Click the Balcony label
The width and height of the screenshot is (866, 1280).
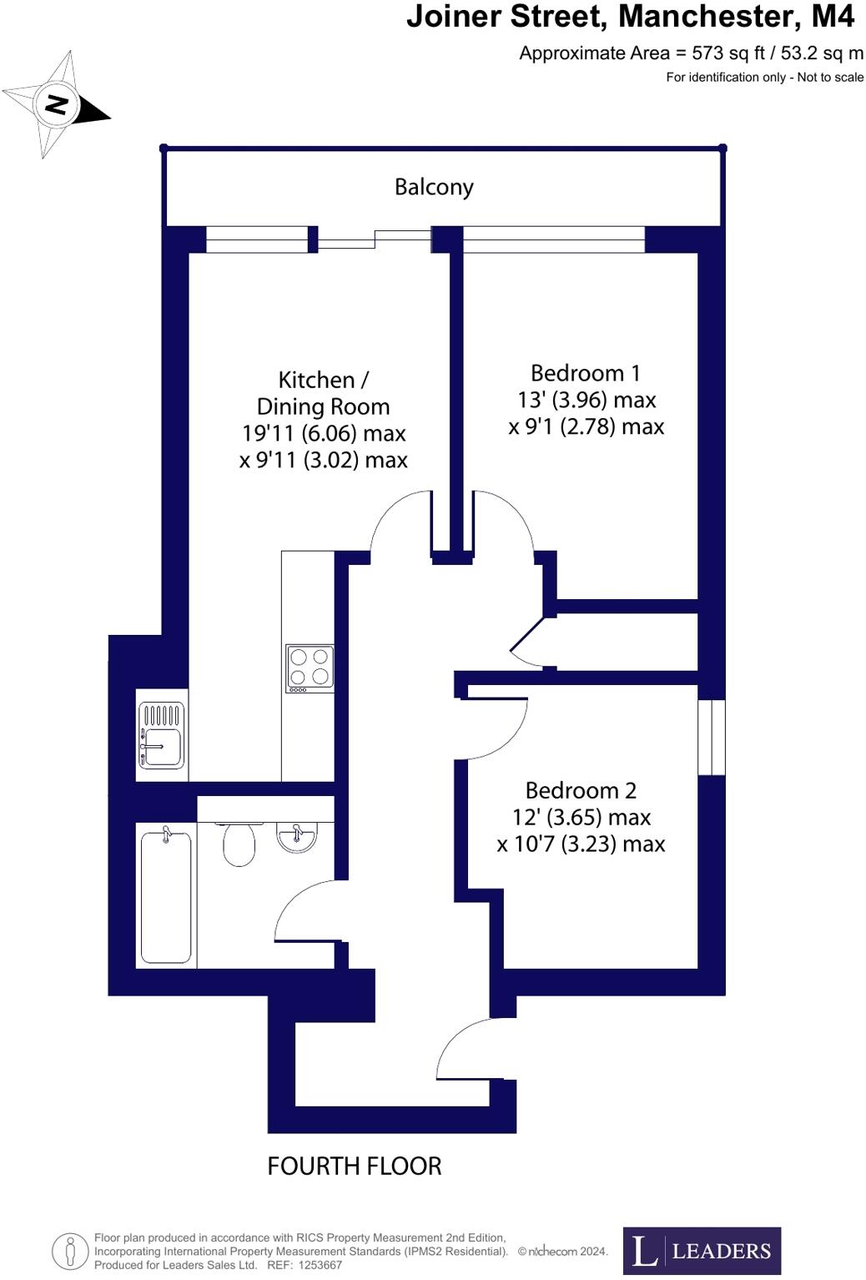click(434, 187)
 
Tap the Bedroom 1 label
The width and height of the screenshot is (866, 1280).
click(586, 373)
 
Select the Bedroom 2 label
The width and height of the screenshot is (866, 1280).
click(581, 790)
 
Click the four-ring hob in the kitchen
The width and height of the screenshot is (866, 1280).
click(310, 668)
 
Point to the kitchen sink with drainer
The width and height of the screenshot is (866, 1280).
click(162, 735)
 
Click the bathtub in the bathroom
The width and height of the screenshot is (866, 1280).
click(166, 896)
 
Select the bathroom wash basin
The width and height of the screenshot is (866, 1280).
click(296, 838)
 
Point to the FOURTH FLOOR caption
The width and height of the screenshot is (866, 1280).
click(354, 1166)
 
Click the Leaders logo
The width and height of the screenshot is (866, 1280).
click(702, 1250)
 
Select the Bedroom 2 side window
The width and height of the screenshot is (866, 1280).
click(712, 738)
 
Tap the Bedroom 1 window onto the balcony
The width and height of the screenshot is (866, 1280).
click(554, 239)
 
